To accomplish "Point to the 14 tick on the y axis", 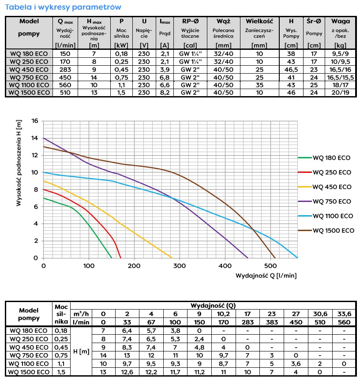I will click(35, 138).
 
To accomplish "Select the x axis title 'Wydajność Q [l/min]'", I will click(266, 275).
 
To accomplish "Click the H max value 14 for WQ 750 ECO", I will click(94, 77).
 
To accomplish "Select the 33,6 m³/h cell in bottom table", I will click(344, 314).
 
